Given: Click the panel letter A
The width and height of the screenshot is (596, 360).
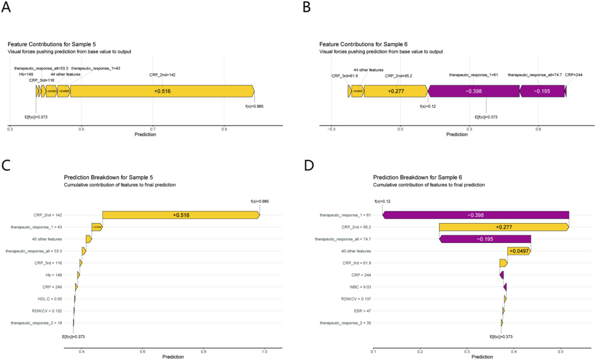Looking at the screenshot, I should coord(6,7).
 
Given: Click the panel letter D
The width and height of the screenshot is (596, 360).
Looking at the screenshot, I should coord(309,165).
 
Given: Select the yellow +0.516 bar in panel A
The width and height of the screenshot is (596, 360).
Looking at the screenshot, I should coord(162,91).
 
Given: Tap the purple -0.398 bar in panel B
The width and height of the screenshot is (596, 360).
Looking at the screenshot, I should coord(473,91).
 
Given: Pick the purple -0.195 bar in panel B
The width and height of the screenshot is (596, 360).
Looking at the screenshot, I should coord(542,91).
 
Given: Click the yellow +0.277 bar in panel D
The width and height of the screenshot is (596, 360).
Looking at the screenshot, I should coord(504,227).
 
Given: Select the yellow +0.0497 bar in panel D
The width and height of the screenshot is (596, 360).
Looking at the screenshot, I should coord(519,251).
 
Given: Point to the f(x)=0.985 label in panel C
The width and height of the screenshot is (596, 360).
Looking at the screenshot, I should coord(259,202).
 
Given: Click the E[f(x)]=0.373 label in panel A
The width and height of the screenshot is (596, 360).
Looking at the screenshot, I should coord(36,117).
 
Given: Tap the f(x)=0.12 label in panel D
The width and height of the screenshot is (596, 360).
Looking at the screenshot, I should coord(382,202).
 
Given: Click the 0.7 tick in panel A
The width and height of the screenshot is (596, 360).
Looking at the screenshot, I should coord(153,129).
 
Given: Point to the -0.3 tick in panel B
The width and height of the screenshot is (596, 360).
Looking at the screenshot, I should coord(331,129).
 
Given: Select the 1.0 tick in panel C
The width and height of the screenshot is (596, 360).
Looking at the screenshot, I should coord(264,351).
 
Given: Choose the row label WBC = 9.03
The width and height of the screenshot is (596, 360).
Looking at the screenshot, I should coord(360,287).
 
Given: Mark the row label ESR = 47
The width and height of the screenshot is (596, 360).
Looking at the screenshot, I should coord(362,311).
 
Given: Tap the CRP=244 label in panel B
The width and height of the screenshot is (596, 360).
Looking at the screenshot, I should coord(573,75).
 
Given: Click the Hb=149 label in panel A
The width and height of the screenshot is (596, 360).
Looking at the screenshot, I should coord(26,74).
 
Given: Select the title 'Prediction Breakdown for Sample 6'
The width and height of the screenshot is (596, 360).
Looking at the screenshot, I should coord(417,177).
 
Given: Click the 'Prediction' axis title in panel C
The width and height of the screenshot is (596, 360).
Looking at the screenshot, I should coord(173,357).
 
